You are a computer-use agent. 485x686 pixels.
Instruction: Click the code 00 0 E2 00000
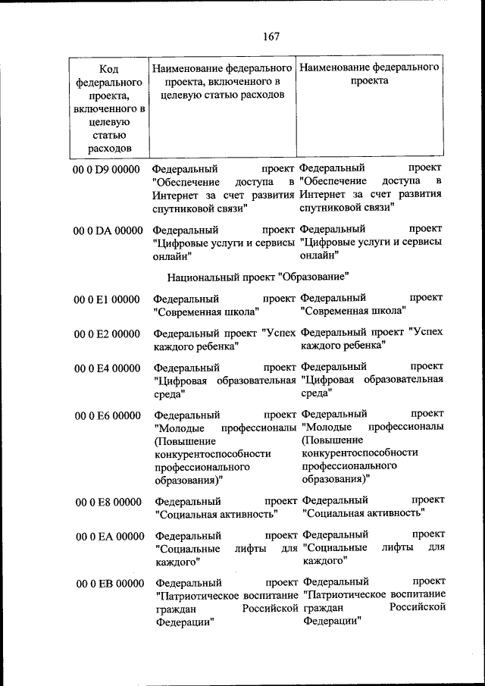click(107, 334)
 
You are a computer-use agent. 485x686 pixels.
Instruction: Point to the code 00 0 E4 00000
click(107, 368)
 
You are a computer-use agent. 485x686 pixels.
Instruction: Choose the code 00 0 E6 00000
click(107, 415)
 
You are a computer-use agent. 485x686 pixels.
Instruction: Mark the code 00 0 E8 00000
click(108, 502)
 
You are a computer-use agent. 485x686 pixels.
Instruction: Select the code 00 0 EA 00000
click(108, 537)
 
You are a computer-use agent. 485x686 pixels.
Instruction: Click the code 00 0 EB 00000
click(108, 583)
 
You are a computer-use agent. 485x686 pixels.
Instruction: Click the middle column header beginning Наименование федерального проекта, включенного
click(223, 82)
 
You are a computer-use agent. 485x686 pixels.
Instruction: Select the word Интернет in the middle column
click(174, 195)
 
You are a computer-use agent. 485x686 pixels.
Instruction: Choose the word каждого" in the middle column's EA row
click(177, 562)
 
